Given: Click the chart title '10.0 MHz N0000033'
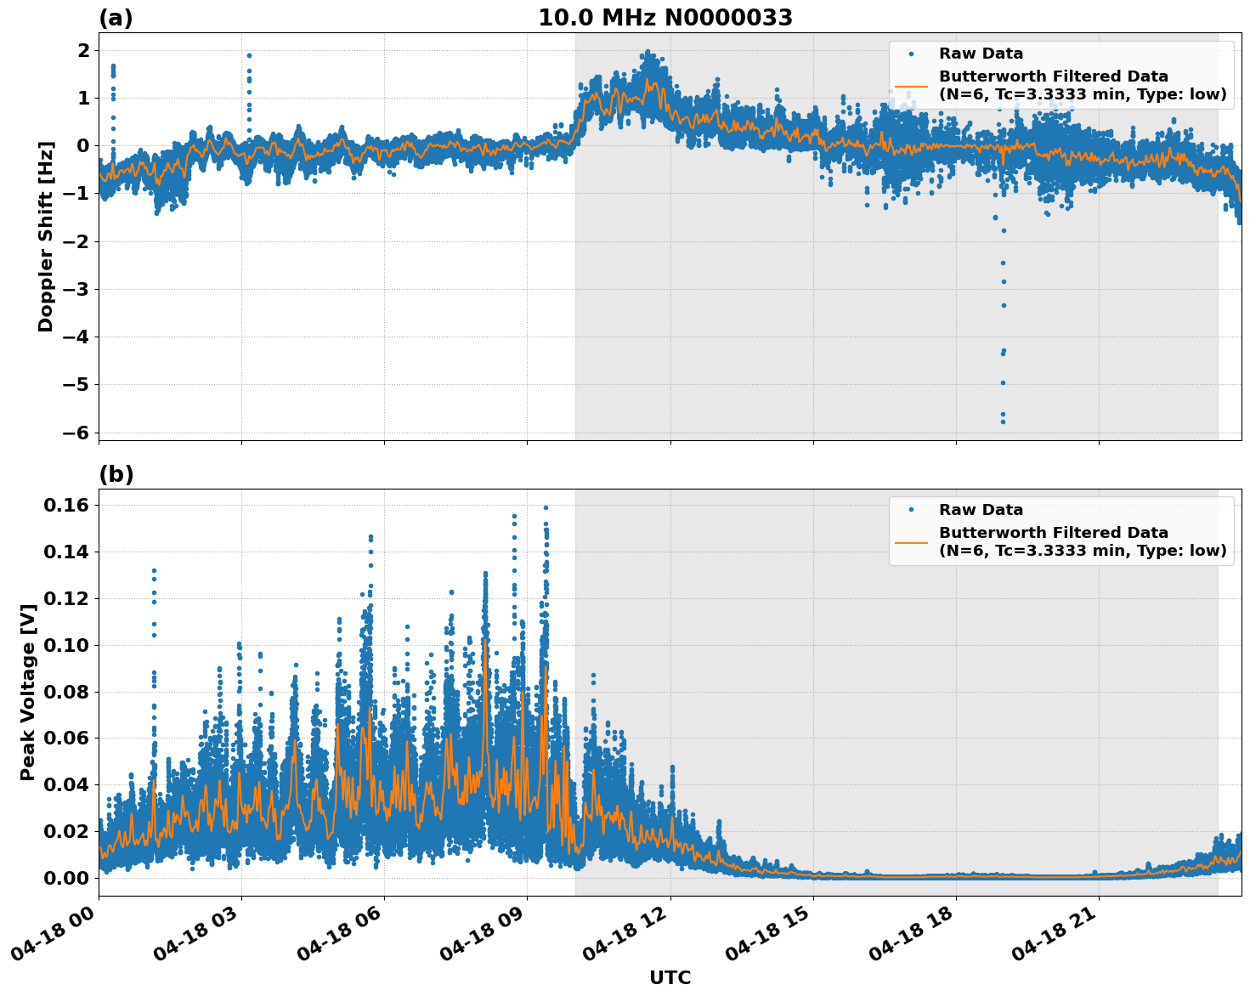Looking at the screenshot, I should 665,18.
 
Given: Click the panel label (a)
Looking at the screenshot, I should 116,18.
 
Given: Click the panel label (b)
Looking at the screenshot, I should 116,474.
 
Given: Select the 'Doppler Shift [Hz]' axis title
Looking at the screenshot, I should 46,236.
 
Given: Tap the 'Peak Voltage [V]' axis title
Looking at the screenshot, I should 28,693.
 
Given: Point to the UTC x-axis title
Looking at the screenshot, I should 670,977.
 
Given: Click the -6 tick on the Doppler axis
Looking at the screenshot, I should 76,433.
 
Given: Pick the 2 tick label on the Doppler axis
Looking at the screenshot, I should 83,51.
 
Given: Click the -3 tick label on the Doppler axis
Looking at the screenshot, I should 76,290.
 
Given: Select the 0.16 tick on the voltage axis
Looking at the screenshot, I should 65,506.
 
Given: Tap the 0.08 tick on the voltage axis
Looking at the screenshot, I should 65,692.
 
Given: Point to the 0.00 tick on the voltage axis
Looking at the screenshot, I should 65,878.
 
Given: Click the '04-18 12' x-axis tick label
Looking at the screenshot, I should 627,942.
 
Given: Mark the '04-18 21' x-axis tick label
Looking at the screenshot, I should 1055,942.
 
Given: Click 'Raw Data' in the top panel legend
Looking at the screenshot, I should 981,54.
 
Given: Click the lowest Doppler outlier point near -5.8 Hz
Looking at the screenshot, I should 1003,422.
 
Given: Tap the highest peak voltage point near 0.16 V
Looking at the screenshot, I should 546,507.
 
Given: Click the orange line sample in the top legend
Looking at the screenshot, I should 911,86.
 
